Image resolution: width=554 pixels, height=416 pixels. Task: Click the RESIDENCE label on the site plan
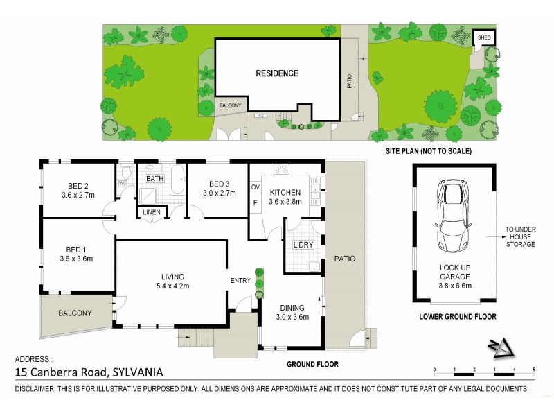(x=277, y=73)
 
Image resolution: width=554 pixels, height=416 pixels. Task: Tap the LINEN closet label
(x=150, y=212)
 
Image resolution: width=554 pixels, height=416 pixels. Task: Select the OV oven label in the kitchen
(x=254, y=187)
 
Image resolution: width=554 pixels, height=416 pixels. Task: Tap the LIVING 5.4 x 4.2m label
(x=170, y=281)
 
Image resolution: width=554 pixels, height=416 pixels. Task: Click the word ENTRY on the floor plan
(x=241, y=280)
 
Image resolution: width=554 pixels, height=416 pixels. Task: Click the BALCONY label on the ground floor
(x=75, y=313)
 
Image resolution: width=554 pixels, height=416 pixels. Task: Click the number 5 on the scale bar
(x=533, y=369)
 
